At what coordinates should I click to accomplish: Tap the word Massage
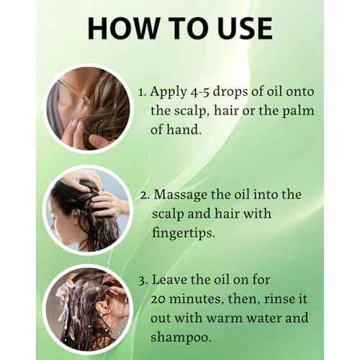(186, 195)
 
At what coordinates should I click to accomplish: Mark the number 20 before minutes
(161, 299)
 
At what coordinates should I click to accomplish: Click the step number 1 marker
(141, 93)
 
